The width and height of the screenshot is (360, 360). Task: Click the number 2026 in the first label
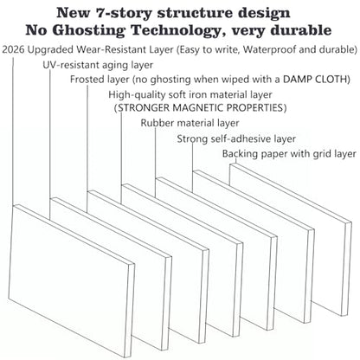click(x=13, y=49)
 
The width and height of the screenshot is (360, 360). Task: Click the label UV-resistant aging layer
click(x=98, y=65)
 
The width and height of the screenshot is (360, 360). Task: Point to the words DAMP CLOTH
click(x=317, y=79)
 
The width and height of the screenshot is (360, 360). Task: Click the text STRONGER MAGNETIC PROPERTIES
click(x=201, y=108)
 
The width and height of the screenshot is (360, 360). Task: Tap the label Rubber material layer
click(x=190, y=123)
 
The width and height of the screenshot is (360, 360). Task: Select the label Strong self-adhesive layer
click(x=236, y=138)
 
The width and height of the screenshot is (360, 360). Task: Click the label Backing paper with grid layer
click(x=289, y=154)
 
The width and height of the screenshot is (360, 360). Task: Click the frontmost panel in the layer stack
click(x=71, y=280)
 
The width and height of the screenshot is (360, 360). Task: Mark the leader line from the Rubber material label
click(x=156, y=163)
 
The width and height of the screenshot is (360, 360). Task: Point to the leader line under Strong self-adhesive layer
click(x=192, y=168)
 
